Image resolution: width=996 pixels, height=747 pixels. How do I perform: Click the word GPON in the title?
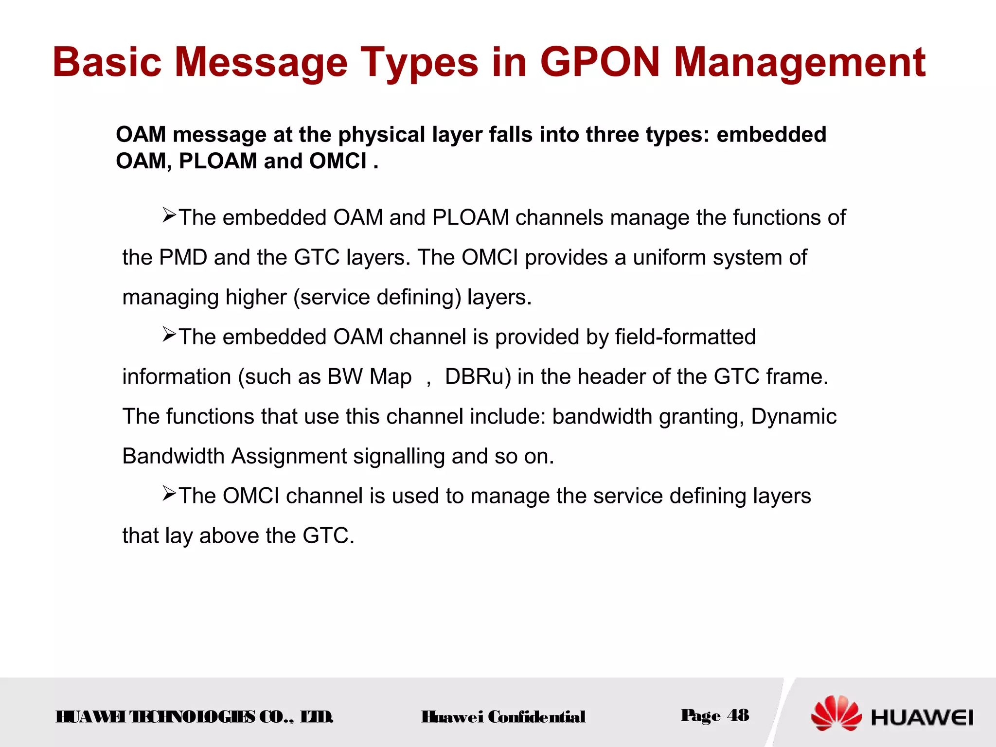(x=600, y=62)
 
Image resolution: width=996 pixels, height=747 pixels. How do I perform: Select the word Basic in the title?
(x=107, y=62)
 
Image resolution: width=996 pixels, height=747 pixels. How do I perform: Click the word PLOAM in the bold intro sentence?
(x=217, y=161)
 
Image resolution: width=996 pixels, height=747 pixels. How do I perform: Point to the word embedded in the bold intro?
(x=771, y=135)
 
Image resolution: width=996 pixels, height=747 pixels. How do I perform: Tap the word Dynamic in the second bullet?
(x=794, y=417)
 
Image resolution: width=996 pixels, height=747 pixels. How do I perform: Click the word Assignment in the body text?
(x=289, y=457)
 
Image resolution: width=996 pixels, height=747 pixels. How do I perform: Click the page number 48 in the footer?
(x=738, y=715)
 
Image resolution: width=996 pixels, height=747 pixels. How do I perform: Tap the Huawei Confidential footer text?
(x=503, y=717)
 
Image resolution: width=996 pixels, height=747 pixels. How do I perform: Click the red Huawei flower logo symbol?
(x=836, y=713)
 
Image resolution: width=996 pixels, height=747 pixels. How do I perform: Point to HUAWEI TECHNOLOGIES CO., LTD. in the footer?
(x=195, y=717)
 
